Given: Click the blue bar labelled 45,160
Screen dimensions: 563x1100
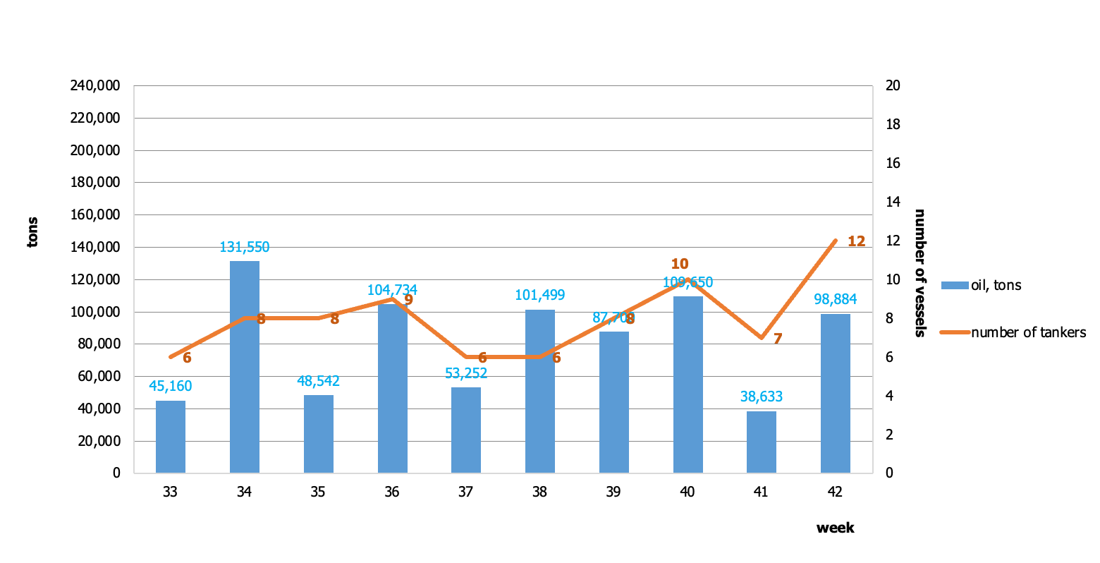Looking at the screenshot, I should pyautogui.click(x=171, y=437).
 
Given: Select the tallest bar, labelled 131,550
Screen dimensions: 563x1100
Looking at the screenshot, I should pyautogui.click(x=245, y=367).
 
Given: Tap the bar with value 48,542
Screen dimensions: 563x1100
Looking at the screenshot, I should pyautogui.click(x=319, y=434).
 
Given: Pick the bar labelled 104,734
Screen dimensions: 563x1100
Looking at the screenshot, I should pyautogui.click(x=393, y=388).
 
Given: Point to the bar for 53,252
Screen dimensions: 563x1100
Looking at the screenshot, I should pyautogui.click(x=466, y=430).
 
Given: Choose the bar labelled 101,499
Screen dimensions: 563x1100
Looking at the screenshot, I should pyautogui.click(x=540, y=392).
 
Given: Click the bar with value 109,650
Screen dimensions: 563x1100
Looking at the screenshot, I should pyautogui.click(x=688, y=385).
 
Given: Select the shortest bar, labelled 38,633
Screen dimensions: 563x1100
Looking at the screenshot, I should pyautogui.click(x=762, y=442).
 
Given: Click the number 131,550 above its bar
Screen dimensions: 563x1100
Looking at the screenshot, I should pyautogui.click(x=245, y=247).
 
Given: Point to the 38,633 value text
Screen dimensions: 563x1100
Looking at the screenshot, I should pyautogui.click(x=762, y=396).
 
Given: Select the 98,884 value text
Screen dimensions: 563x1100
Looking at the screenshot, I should pyautogui.click(x=836, y=299).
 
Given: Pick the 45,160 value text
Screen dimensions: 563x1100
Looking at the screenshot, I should pyautogui.click(x=171, y=386).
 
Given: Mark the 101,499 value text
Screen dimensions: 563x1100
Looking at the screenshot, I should pyautogui.click(x=540, y=295).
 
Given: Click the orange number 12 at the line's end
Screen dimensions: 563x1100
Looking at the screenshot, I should pyautogui.click(x=856, y=241).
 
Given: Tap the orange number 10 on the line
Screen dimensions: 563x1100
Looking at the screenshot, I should pyautogui.click(x=680, y=264).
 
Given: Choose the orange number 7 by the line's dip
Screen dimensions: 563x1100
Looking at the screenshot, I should pyautogui.click(x=778, y=339).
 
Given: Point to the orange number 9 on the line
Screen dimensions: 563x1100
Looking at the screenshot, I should pyautogui.click(x=408, y=300).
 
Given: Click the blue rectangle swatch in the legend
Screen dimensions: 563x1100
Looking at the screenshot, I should pyautogui.click(x=955, y=285).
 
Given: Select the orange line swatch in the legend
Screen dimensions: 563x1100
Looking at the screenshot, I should pyautogui.click(x=955, y=332).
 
